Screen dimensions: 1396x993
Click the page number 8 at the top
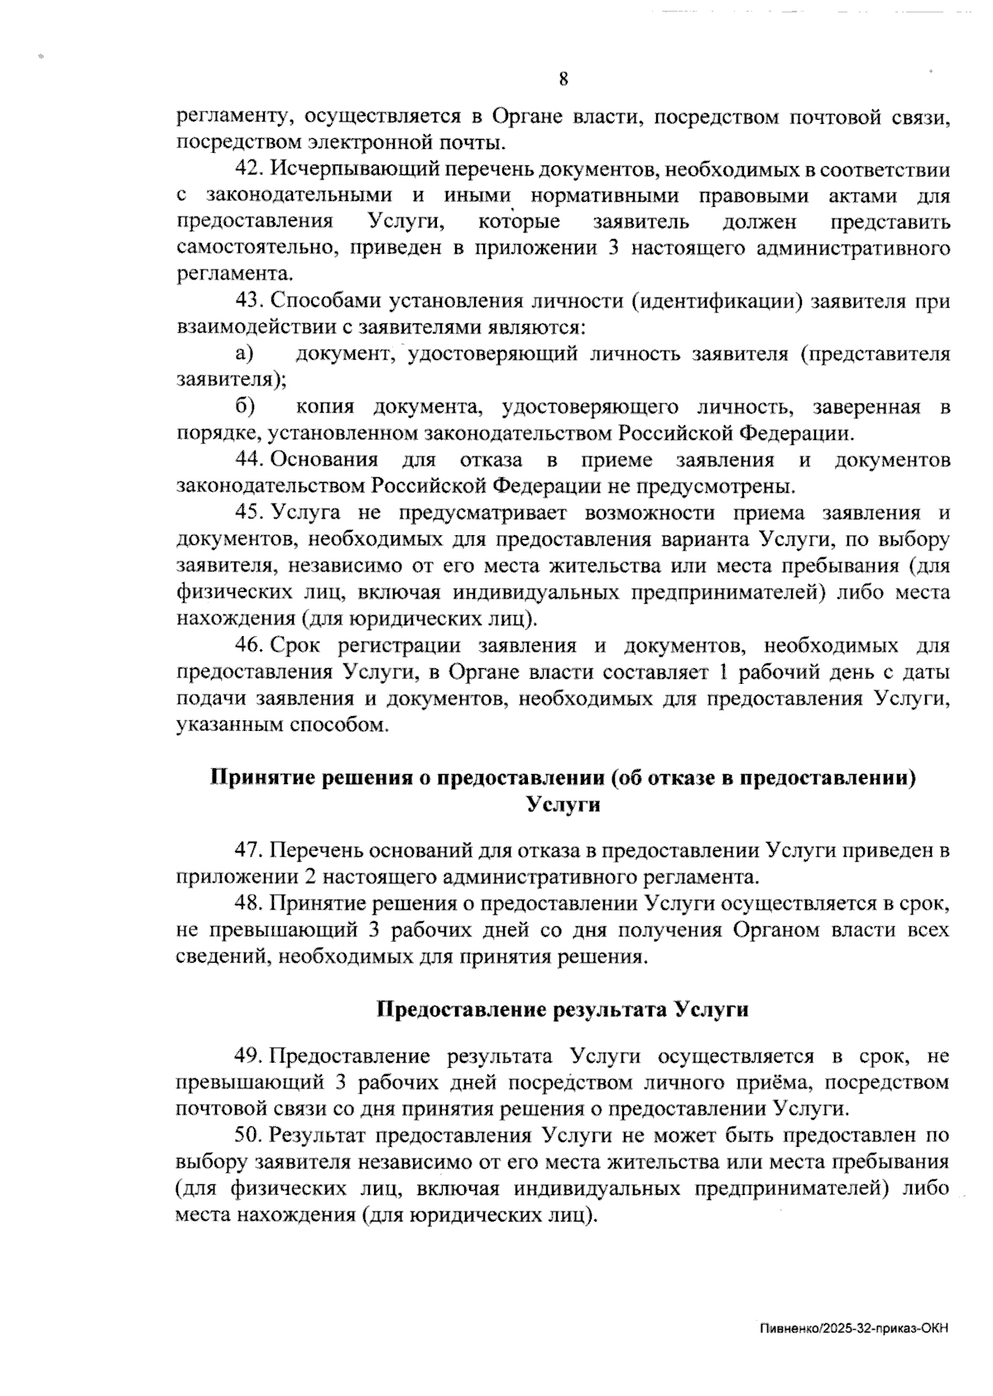click(x=564, y=79)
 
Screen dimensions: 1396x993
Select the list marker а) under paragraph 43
click(x=244, y=354)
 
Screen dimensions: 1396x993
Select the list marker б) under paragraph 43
click(x=245, y=407)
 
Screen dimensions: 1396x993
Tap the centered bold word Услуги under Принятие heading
click(x=563, y=805)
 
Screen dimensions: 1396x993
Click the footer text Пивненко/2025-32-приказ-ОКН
click(x=852, y=1329)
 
